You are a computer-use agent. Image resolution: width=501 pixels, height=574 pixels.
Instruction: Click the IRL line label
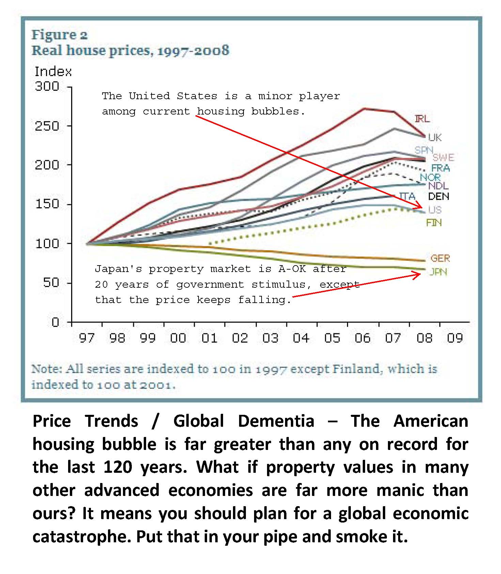[x=422, y=119]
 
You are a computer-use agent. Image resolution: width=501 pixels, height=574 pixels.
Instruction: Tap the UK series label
[x=435, y=137]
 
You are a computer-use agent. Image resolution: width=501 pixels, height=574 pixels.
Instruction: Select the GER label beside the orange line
[x=440, y=258]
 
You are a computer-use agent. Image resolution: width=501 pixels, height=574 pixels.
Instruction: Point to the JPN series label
[x=438, y=272]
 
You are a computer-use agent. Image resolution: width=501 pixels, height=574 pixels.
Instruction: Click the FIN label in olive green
[x=434, y=223]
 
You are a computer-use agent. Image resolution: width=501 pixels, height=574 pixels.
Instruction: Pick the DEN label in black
[x=438, y=196]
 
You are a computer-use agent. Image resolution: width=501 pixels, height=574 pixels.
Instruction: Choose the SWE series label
[x=443, y=157]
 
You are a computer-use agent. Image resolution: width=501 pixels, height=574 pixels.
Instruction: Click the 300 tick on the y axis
[x=47, y=86]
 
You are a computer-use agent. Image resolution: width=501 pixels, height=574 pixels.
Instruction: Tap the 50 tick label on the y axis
[x=51, y=283]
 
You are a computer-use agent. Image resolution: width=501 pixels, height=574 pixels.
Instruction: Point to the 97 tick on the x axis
[x=87, y=338]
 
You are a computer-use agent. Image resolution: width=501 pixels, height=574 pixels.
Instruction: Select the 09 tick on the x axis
[x=455, y=338]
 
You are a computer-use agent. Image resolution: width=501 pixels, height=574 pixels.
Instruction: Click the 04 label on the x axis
[x=301, y=338]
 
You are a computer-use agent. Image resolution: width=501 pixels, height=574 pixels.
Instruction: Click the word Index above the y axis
[x=53, y=72]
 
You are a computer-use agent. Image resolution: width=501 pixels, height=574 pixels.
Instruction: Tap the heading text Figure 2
[x=60, y=35]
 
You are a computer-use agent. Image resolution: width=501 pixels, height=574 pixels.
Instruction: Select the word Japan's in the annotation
[x=118, y=269]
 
